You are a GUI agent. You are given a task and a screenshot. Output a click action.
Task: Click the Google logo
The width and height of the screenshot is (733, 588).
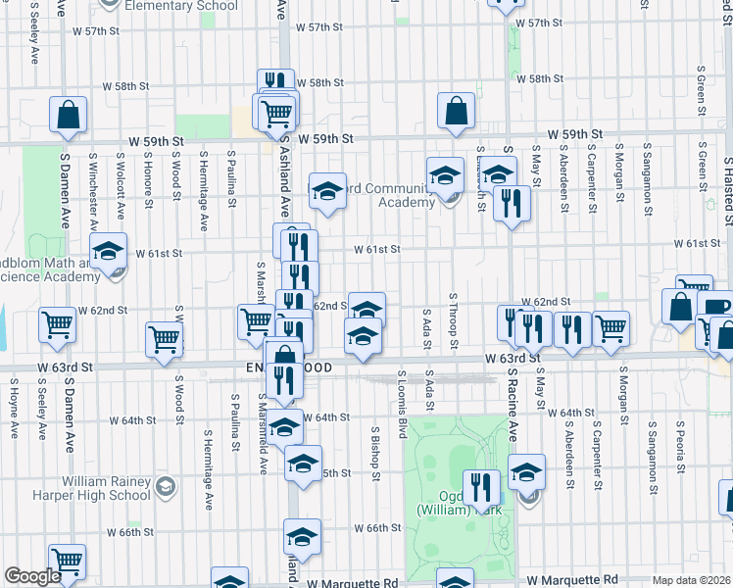coord(32,577)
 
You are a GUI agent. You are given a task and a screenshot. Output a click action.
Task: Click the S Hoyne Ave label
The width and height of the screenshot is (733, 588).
coord(14,412)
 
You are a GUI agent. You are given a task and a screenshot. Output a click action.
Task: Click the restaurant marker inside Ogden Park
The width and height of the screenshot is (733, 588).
coord(481,486)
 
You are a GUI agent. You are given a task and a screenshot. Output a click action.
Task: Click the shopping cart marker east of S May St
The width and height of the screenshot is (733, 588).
coord(611,327)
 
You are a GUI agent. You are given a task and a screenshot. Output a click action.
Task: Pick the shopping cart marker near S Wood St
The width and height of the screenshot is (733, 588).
coord(164,338)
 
